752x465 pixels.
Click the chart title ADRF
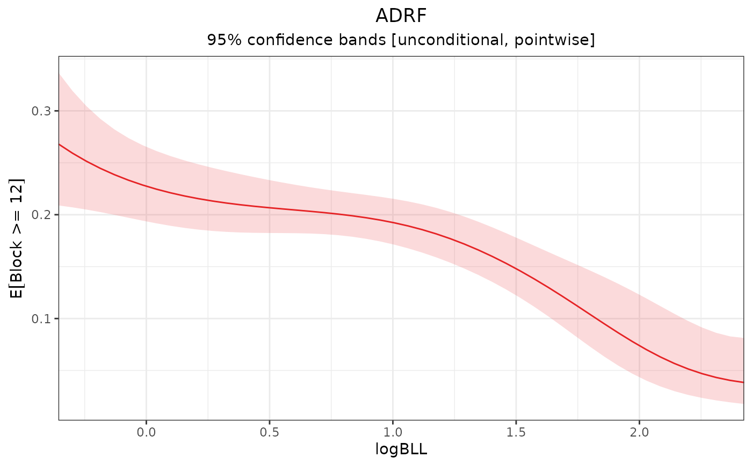click(x=401, y=16)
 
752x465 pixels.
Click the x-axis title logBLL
click(x=401, y=450)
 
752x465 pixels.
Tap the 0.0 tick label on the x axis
click(x=146, y=431)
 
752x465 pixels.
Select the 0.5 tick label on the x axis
click(x=269, y=431)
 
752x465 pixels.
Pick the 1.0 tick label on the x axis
click(x=393, y=431)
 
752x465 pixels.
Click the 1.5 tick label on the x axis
click(x=516, y=431)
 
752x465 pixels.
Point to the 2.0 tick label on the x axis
click(x=639, y=431)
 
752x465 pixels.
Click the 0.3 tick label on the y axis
click(x=43, y=111)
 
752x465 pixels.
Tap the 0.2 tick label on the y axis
click(x=43, y=215)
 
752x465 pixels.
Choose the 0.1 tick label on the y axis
click(x=43, y=318)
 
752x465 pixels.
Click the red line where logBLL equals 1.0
click(x=393, y=223)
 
